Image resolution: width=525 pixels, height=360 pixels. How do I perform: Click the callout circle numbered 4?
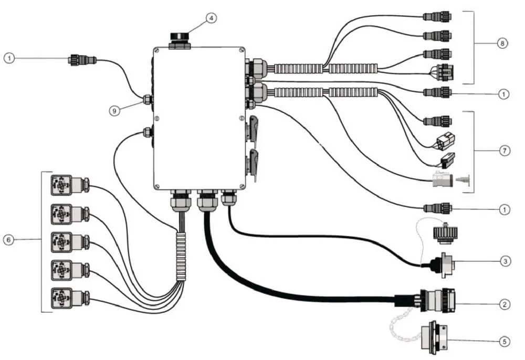coord(211,18)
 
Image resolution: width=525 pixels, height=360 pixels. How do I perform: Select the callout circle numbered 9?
coord(114,110)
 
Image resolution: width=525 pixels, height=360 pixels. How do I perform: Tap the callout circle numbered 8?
coord(502,43)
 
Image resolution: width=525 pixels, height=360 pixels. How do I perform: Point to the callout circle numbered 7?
coord(505,151)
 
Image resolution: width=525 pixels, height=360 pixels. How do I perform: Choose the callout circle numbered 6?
coord(9,239)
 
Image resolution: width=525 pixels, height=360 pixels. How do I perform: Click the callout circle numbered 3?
coord(505,261)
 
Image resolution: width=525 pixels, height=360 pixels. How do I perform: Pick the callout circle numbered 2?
coord(505,304)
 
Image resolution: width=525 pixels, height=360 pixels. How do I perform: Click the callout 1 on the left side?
coord(9,58)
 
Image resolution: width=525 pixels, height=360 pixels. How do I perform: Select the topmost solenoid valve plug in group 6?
coord(70,185)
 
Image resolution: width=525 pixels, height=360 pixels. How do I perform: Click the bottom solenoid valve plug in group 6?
coord(70,298)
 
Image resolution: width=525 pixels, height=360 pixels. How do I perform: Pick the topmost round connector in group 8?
coord(437,16)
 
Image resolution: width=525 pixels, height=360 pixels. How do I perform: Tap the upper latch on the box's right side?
coord(253,131)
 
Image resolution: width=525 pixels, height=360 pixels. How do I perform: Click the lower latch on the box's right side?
coord(253,165)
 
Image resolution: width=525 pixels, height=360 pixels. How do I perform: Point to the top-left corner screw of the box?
coord(156,50)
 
